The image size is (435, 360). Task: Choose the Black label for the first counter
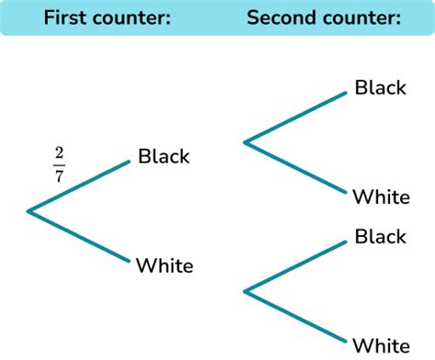(x=163, y=156)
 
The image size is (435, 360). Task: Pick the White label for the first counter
(x=164, y=266)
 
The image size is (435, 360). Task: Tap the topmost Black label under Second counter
(x=380, y=88)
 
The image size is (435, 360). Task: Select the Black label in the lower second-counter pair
(x=380, y=237)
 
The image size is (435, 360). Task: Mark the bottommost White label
(x=380, y=345)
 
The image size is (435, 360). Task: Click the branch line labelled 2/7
(x=80, y=186)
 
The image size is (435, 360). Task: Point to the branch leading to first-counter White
(x=80, y=237)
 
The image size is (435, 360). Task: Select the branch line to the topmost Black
(x=296, y=117)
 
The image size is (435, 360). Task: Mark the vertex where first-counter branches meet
(x=28, y=212)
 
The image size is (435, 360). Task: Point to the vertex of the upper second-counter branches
(x=244, y=141)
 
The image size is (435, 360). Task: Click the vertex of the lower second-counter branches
(x=244, y=291)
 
